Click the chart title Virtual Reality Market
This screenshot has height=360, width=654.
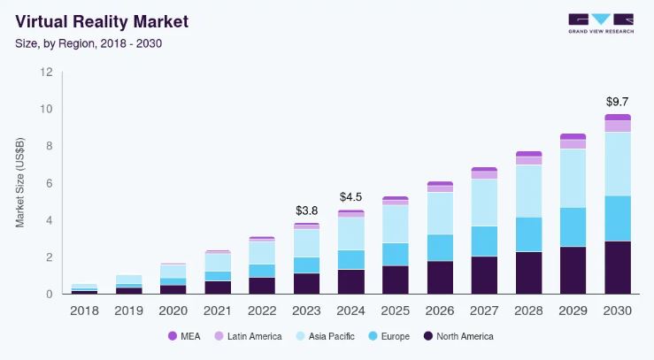101,20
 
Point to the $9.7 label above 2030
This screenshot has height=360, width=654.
618,101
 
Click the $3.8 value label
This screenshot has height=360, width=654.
306,211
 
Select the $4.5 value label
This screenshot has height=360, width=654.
351,196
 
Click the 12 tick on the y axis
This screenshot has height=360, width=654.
46,73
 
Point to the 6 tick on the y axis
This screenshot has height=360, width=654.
49,183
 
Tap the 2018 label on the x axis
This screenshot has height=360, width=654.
85,310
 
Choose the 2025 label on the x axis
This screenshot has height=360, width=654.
396,310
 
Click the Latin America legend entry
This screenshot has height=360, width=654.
250,336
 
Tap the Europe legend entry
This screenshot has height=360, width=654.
394,336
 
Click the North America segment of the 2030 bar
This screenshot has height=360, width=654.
618,267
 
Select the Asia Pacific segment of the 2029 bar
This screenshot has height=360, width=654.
573,178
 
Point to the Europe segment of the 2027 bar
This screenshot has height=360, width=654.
484,241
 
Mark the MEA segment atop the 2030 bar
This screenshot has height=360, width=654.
618,117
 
